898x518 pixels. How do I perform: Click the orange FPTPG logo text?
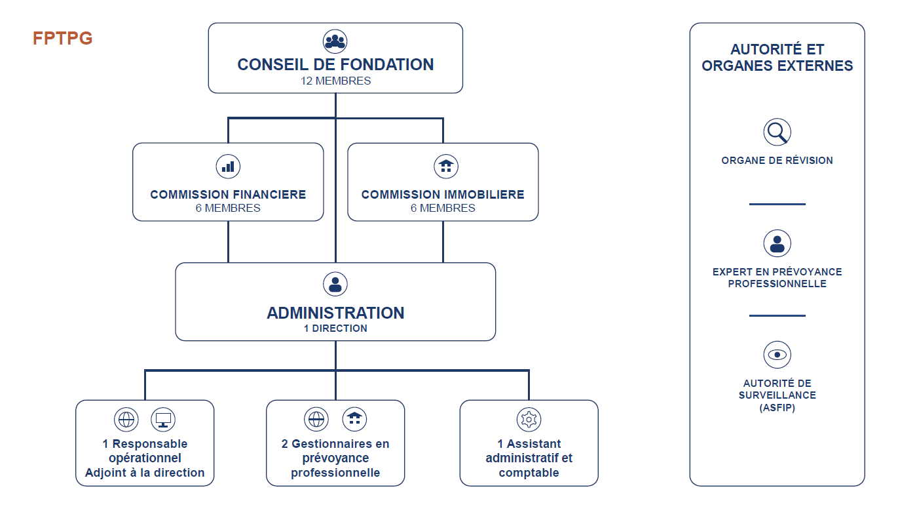point(62,39)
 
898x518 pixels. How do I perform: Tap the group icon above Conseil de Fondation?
point(335,41)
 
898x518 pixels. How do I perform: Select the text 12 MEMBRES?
point(335,81)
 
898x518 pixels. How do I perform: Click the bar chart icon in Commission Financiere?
point(228,167)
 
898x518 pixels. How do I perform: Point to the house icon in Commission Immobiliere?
point(446,167)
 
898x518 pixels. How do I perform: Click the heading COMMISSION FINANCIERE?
point(228,195)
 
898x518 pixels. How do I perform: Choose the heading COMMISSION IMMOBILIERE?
point(443,195)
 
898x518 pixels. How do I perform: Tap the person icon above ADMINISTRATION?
point(335,284)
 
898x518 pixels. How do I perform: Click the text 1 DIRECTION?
point(335,329)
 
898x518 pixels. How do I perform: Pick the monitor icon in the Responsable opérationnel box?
point(163,420)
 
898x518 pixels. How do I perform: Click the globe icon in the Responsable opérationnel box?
point(126,420)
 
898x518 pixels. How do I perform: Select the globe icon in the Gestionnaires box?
point(316,419)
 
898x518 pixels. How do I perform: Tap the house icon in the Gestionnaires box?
point(354,419)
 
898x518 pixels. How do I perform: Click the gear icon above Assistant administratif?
point(529,420)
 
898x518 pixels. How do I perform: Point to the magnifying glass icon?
point(777,132)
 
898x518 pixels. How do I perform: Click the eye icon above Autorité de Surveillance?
point(777,355)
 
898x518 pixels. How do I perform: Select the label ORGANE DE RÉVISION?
point(777,161)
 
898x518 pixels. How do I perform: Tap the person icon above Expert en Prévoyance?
point(777,243)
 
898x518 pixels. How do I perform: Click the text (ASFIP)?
point(777,408)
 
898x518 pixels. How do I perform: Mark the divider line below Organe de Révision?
point(777,204)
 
